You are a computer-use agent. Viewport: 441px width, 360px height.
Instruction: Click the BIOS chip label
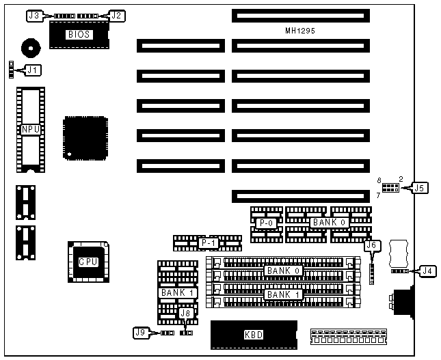[x=79, y=33]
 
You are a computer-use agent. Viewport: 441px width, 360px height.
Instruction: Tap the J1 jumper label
[x=33, y=68]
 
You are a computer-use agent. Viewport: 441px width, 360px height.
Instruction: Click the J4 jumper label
[x=427, y=271]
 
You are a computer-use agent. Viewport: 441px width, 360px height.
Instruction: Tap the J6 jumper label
[x=371, y=245]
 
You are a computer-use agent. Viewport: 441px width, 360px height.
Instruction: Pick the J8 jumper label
[x=185, y=314]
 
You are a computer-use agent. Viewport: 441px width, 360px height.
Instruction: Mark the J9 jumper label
[x=141, y=333]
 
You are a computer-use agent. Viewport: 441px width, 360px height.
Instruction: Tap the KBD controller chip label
[x=253, y=335]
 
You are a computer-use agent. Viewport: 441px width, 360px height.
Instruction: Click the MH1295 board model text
[x=299, y=31]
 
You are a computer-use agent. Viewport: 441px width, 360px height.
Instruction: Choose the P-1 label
[x=206, y=243]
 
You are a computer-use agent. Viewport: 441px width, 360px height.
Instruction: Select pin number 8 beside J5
[x=378, y=180]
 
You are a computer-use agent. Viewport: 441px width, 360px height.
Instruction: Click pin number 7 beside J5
[x=378, y=195]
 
